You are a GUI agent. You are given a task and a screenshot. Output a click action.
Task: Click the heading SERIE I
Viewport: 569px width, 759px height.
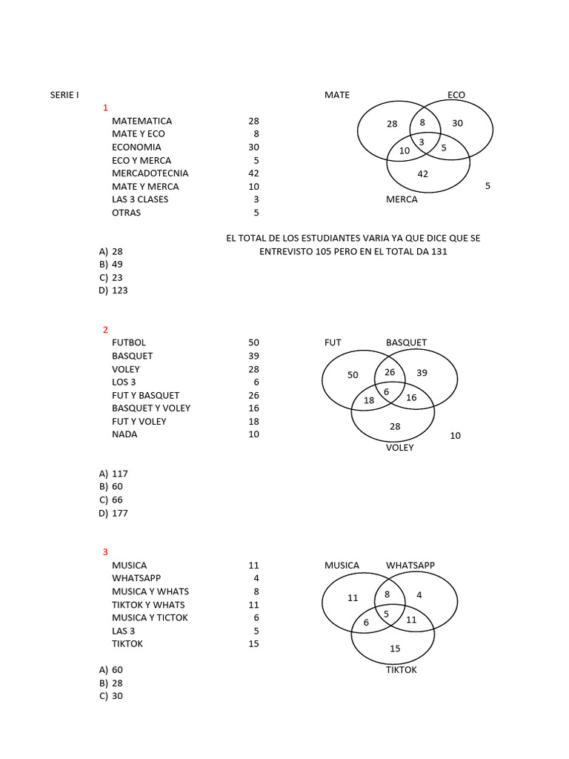point(64,95)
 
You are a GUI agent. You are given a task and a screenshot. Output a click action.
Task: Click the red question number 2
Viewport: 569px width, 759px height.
point(105,330)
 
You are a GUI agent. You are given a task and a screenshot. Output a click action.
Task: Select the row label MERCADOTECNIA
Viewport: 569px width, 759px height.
point(150,173)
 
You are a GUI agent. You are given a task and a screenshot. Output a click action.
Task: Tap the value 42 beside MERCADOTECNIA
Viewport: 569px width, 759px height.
point(254,173)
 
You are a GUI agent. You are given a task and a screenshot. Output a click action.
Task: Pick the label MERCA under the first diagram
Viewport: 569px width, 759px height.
point(402,199)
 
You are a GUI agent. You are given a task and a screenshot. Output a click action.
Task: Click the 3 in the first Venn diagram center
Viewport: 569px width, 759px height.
point(422,141)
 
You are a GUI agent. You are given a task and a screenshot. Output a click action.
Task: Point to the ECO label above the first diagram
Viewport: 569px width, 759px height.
point(456,95)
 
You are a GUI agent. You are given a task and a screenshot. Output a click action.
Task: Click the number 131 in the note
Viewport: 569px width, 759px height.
point(439,252)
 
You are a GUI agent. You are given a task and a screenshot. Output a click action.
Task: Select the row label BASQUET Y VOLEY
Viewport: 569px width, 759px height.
point(151,408)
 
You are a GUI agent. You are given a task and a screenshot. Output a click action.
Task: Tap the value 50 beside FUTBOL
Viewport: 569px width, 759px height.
point(254,342)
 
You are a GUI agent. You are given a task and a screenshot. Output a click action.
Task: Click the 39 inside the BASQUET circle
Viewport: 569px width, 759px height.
point(422,373)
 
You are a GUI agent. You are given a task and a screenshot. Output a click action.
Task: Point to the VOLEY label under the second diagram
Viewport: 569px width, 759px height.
point(400,448)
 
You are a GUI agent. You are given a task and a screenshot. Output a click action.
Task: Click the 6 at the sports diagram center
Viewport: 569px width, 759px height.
point(387,391)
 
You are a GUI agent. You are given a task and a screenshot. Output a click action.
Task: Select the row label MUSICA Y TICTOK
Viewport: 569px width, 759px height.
point(150,618)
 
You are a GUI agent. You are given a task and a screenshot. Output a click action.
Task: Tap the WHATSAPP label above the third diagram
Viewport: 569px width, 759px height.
point(410,566)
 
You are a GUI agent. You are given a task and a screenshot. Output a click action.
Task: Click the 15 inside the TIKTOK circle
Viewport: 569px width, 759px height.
point(395,649)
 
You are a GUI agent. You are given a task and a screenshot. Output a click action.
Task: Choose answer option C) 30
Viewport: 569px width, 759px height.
point(111,696)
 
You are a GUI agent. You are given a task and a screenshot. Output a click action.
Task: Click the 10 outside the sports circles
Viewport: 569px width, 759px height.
point(455,436)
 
